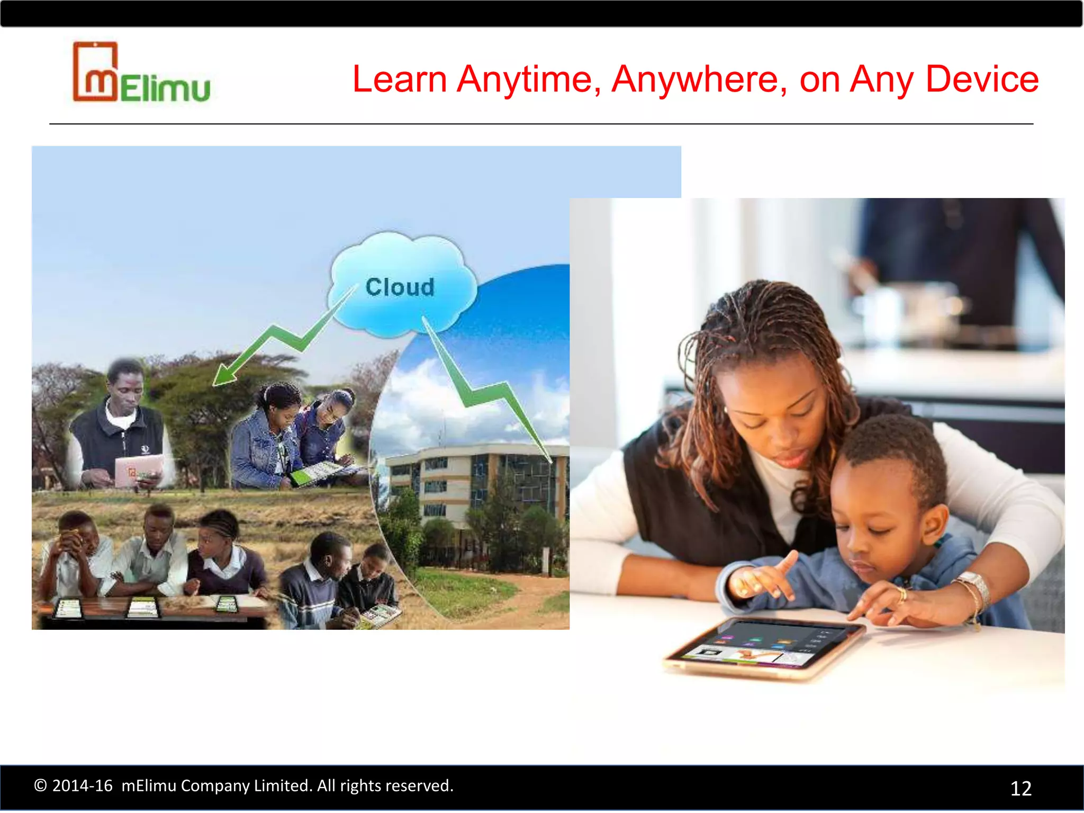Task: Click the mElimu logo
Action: pos(141,73)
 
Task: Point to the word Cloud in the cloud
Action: pos(400,287)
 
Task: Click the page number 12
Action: pos(1020,789)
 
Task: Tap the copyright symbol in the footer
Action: pos(40,785)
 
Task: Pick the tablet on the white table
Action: pos(762,648)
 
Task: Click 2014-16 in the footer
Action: pos(83,785)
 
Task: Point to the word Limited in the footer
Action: pos(281,785)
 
